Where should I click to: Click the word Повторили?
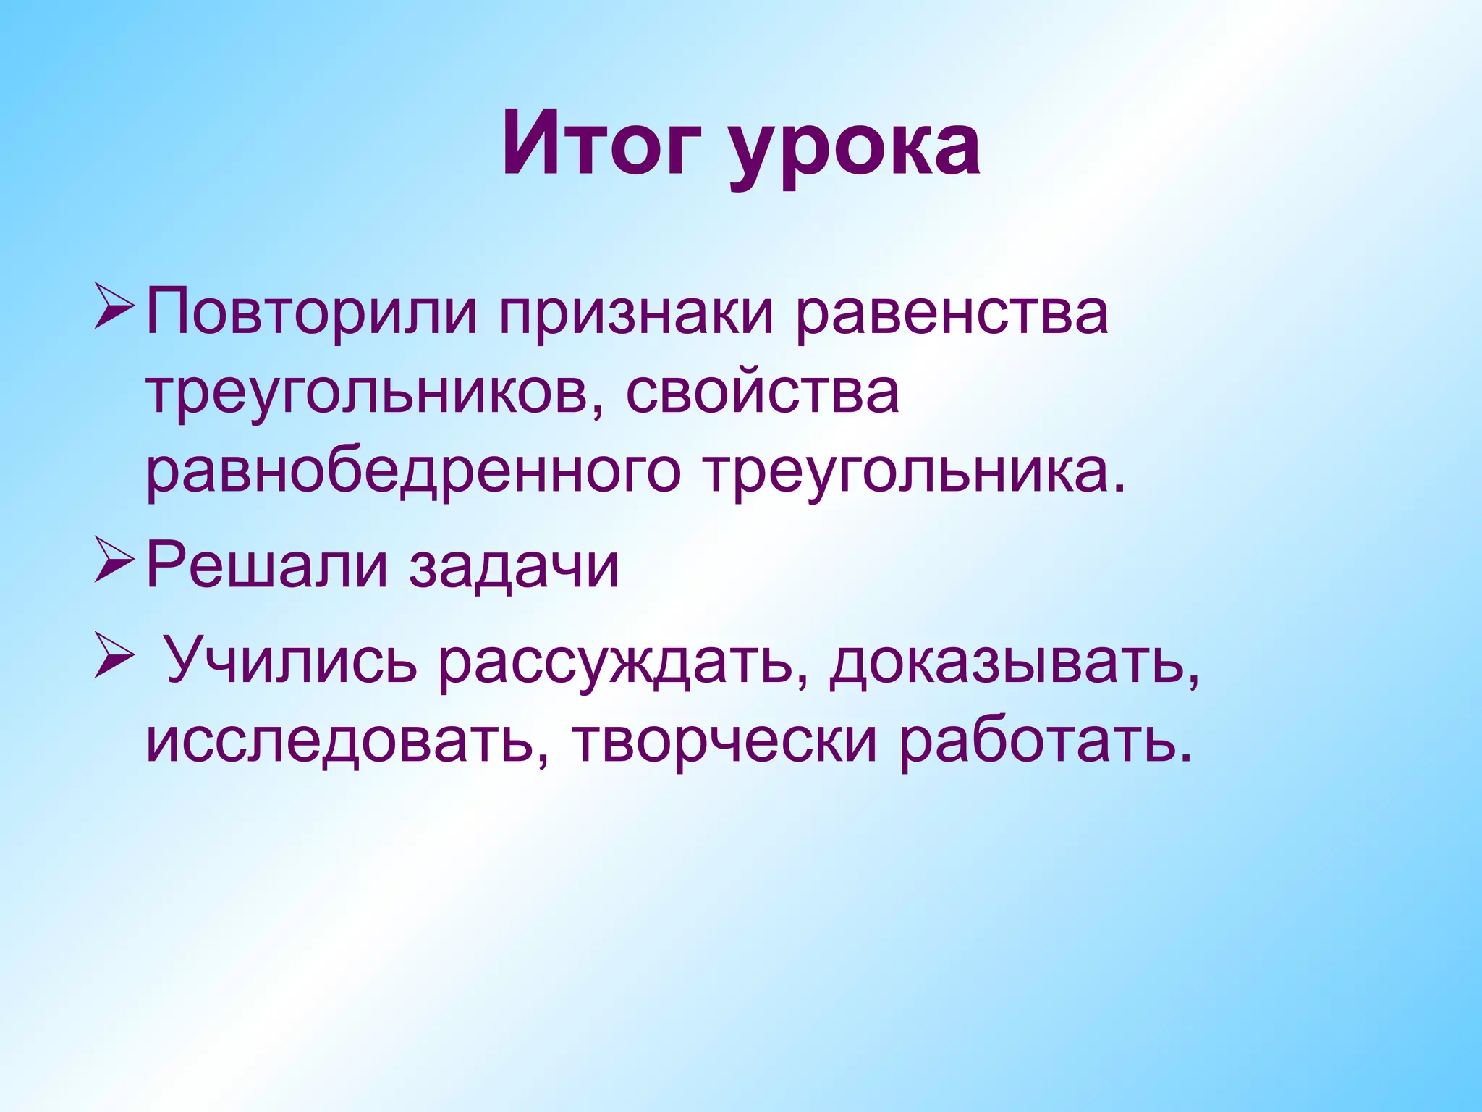pyautogui.click(x=311, y=313)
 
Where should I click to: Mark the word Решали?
pyautogui.click(x=267, y=566)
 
